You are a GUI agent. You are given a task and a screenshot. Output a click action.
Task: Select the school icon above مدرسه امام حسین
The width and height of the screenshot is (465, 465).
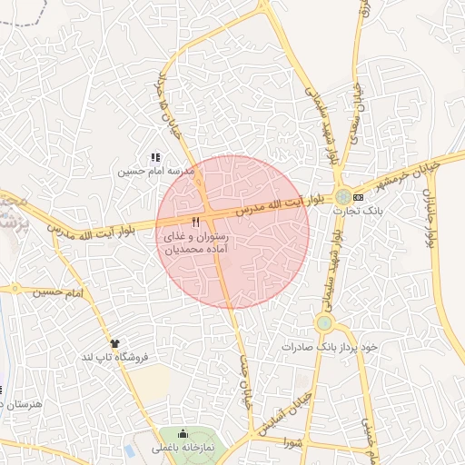155,157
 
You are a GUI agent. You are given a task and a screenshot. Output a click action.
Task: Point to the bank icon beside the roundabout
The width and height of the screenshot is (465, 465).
358,196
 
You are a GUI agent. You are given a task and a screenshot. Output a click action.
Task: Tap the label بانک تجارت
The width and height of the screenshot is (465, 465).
359,210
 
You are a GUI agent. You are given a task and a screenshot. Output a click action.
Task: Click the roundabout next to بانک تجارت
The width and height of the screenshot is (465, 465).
342,196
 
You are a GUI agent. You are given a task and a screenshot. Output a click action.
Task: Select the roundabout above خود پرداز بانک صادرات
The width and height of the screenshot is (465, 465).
324,322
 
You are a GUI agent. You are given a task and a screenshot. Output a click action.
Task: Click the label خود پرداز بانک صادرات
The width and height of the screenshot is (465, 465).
329,347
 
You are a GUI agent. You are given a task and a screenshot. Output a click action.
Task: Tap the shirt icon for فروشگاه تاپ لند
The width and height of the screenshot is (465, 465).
114,343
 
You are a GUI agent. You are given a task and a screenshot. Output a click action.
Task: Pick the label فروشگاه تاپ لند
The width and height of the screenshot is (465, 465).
114,357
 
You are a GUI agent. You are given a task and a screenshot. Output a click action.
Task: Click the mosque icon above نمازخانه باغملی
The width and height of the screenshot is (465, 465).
184,434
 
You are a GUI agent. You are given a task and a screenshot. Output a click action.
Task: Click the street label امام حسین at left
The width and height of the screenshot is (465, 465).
56,292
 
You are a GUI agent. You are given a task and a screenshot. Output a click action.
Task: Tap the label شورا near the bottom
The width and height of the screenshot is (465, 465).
292,442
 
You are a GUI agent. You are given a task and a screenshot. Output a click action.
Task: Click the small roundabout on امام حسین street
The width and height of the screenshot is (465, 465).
15,289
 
